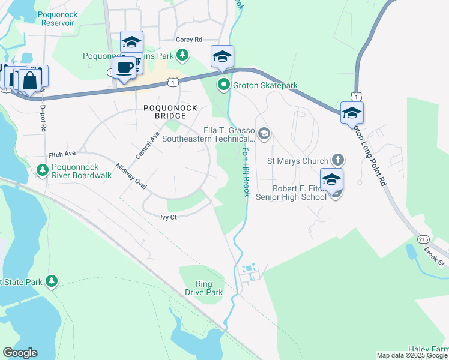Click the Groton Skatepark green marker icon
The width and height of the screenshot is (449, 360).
point(223,85)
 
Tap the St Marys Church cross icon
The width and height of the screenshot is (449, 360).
point(339,160)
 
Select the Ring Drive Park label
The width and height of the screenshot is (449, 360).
point(209,288)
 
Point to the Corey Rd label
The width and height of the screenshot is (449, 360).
point(188,40)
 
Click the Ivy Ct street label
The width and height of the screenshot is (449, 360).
point(169,217)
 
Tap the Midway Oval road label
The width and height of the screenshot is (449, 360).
point(131,176)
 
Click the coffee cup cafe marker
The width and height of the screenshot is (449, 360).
point(124,67)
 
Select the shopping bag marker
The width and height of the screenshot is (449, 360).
point(29,79)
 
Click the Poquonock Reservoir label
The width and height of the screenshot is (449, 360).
point(58,18)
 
